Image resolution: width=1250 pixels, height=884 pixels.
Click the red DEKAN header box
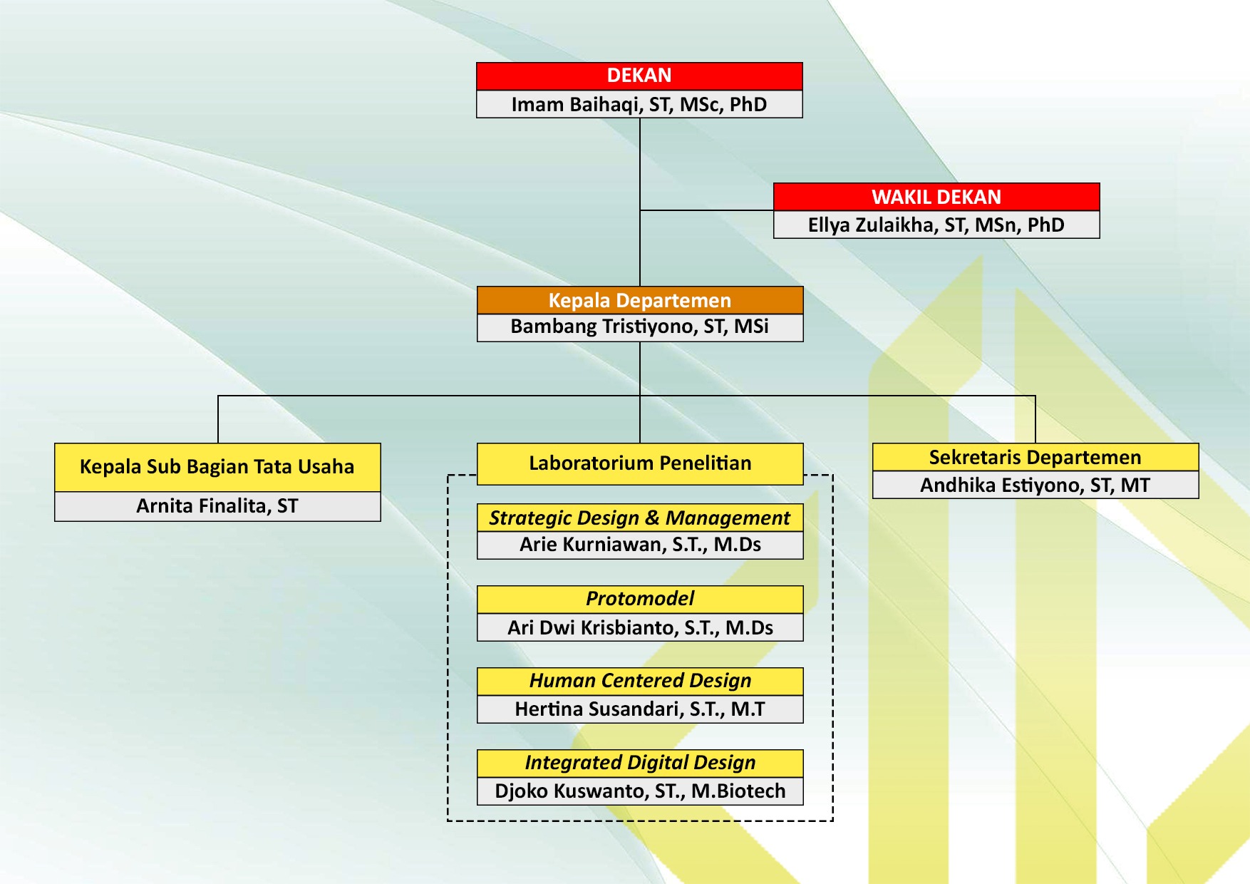(639, 76)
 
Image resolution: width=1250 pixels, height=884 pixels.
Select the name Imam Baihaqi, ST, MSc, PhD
(639, 104)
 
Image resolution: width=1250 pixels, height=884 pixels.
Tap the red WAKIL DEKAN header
(936, 197)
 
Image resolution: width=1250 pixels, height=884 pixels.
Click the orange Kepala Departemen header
(639, 300)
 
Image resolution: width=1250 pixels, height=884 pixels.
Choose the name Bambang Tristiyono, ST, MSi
(639, 327)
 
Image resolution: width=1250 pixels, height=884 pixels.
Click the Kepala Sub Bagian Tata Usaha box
(217, 467)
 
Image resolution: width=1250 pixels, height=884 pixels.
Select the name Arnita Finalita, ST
(217, 506)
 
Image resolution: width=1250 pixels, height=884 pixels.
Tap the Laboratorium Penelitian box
(639, 463)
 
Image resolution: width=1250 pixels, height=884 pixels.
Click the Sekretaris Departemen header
(1035, 457)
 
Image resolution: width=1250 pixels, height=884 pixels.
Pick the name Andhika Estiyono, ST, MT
(1035, 485)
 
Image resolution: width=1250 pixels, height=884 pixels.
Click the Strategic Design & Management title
(639, 518)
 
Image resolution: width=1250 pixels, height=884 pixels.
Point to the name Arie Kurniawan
(639, 545)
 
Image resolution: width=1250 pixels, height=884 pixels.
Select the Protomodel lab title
(639, 599)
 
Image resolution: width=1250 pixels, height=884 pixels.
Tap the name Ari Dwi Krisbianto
(639, 627)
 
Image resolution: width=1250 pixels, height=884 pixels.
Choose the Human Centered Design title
(639, 681)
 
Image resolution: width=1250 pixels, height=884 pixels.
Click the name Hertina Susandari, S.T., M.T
(639, 709)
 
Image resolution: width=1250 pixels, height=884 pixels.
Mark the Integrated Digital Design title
(639, 763)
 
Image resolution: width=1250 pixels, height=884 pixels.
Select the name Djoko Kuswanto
(639, 791)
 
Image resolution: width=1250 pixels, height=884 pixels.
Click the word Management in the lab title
(728, 518)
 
